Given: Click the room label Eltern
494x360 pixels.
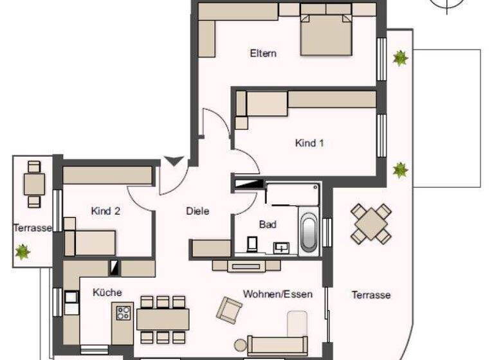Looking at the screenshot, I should click(263, 53).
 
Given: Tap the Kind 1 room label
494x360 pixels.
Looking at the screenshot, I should click(309, 143).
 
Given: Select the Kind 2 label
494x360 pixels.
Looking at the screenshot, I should click(106, 211).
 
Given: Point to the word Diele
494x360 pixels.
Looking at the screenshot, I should click(197, 211).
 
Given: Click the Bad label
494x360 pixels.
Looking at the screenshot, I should click(268, 224).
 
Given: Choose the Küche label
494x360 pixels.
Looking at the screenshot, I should click(107, 292).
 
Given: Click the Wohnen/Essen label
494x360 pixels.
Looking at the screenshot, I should click(277, 294).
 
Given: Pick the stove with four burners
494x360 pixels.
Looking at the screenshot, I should click(123, 314).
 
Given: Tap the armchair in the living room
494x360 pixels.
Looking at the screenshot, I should click(229, 310).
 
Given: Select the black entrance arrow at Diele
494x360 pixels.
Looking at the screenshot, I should click(173, 160).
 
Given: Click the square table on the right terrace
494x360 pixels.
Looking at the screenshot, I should click(370, 224).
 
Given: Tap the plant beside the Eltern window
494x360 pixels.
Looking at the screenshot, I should click(401, 59).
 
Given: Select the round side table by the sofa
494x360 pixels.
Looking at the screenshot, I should click(239, 345).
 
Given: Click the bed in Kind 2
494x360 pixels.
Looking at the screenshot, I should click(90, 242).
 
